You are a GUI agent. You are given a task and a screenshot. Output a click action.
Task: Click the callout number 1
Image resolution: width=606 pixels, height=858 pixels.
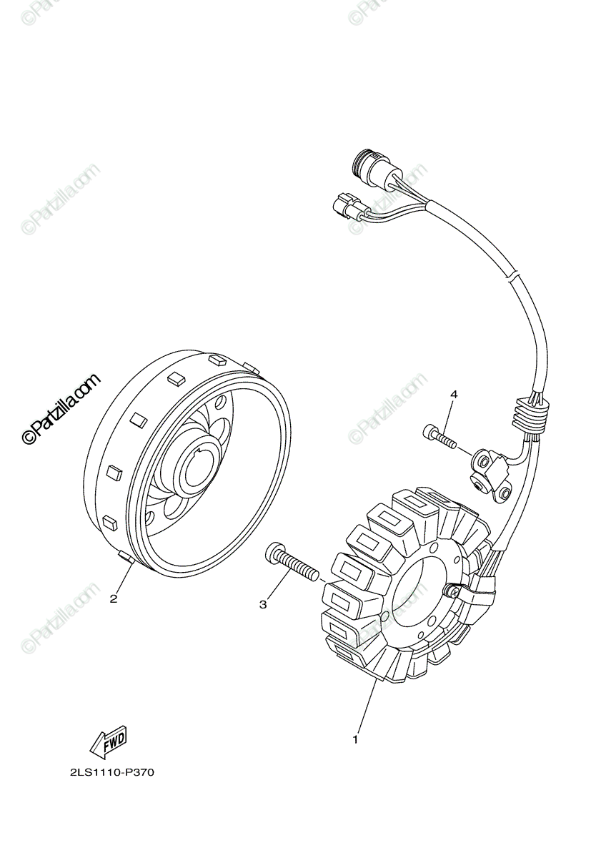[355, 739]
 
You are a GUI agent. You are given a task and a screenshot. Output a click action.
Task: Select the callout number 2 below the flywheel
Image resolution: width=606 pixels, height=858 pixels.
[114, 598]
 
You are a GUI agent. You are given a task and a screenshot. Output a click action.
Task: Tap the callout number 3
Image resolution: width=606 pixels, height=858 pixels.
[263, 605]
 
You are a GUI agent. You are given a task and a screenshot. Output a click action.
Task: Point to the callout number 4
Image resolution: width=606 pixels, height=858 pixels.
[453, 394]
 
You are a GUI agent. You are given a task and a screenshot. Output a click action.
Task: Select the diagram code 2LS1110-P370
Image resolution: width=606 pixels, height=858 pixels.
[112, 772]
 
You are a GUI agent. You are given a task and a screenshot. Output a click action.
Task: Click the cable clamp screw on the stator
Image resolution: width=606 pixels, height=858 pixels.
[452, 591]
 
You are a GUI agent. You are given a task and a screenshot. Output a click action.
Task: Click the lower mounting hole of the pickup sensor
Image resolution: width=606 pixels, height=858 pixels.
[505, 494]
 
